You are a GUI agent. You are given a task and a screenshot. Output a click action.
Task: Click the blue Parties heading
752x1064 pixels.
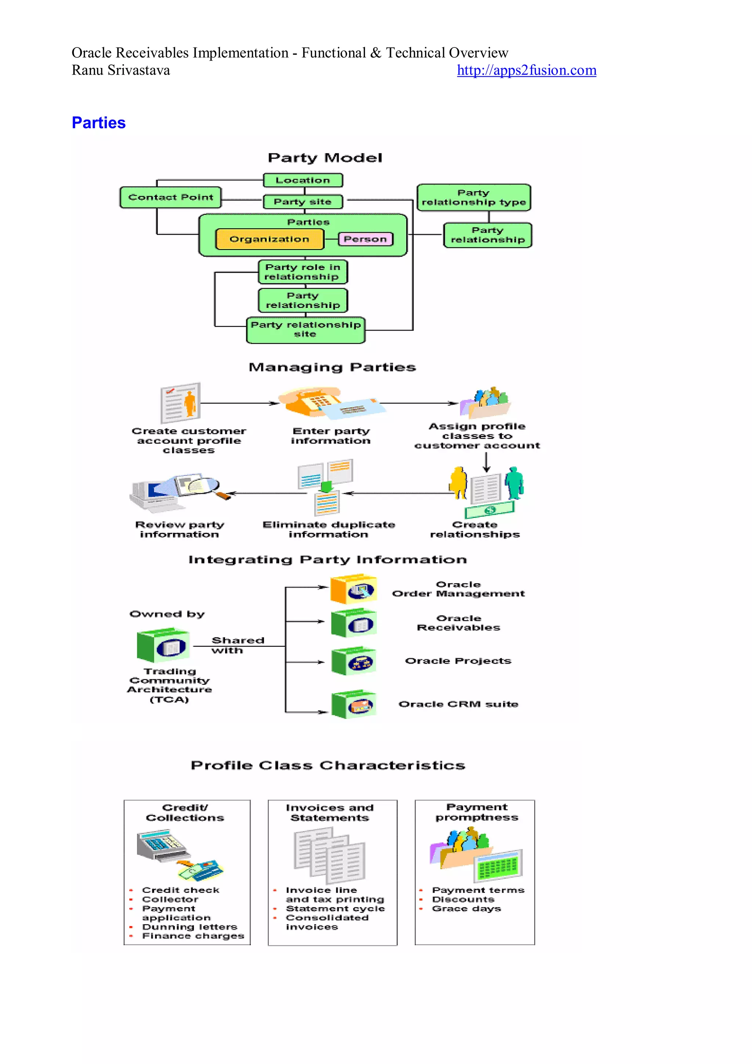click(x=99, y=123)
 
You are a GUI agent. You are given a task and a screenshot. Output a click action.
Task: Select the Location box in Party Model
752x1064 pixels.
click(x=303, y=180)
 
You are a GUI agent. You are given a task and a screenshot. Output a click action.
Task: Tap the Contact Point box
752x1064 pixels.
click(x=170, y=197)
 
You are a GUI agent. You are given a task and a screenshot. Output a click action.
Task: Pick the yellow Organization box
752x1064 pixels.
click(x=269, y=239)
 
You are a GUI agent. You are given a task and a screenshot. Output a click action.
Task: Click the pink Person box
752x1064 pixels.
click(x=365, y=239)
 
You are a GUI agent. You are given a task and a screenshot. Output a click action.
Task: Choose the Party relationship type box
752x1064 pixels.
click(x=473, y=197)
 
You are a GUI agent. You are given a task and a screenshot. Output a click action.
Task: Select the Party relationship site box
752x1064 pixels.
click(x=305, y=329)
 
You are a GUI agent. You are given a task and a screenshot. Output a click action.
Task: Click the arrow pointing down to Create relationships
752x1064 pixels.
click(x=486, y=462)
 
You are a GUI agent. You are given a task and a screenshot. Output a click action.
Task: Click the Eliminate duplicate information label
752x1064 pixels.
click(x=328, y=530)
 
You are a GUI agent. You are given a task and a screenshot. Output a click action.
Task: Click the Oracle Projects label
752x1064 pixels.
click(x=458, y=661)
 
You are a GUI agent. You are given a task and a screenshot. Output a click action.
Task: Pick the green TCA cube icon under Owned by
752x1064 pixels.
click(x=163, y=645)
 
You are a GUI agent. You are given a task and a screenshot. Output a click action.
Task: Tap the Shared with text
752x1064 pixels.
click(x=237, y=645)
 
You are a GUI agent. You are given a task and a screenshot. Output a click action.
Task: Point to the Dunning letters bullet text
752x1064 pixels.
click(x=189, y=927)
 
